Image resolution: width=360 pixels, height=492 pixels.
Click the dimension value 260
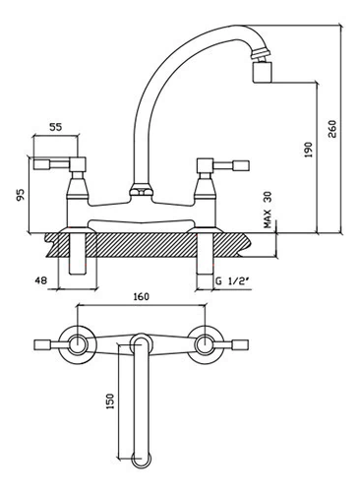click(331, 129)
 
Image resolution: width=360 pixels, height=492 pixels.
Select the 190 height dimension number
click(309, 150)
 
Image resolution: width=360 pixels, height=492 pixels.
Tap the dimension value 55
click(56, 127)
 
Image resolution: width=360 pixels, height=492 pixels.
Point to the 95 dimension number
click(21, 195)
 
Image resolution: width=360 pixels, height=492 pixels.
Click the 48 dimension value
click(41, 280)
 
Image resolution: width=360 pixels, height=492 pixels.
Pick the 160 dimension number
click(142, 296)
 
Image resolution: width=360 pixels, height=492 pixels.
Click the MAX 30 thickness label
click(268, 210)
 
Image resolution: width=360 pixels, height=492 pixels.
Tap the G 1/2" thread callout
click(231, 281)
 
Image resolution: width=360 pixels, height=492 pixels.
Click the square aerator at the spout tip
click(263, 72)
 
